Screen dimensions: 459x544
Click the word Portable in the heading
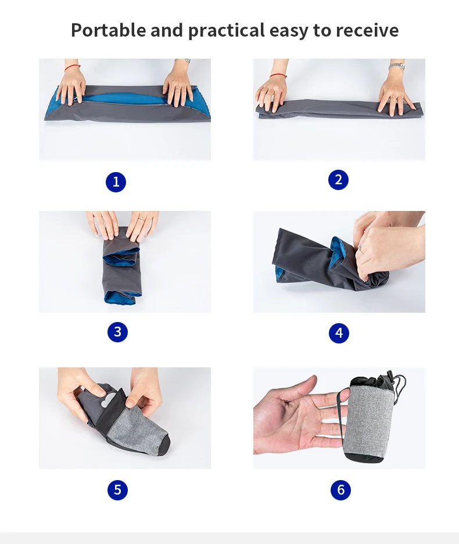(x=108, y=30)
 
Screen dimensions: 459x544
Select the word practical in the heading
(x=227, y=31)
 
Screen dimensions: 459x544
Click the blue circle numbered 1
(x=116, y=182)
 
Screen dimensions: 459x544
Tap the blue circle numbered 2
(x=338, y=180)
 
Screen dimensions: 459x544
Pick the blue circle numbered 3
(x=117, y=332)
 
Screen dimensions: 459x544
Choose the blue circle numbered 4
(x=339, y=333)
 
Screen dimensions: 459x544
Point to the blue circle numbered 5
(x=117, y=490)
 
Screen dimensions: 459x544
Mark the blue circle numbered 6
(x=340, y=490)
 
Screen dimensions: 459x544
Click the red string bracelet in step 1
(x=72, y=67)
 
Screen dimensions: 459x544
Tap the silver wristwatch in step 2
(x=397, y=66)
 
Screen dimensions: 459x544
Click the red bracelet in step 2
(x=278, y=76)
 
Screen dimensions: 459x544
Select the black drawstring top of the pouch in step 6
(x=376, y=382)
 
